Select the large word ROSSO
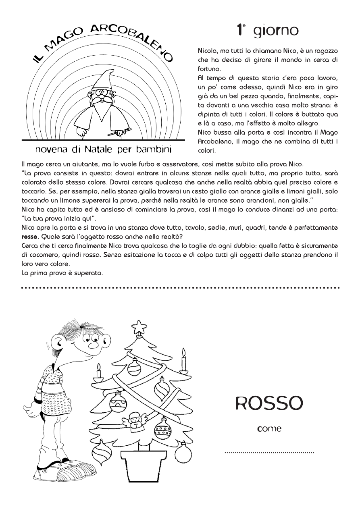269,403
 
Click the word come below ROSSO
269,429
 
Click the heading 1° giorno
267,30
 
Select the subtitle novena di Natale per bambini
103,150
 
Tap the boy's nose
93,345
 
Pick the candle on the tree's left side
98,373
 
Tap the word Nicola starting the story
208,52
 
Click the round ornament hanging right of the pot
183,453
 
